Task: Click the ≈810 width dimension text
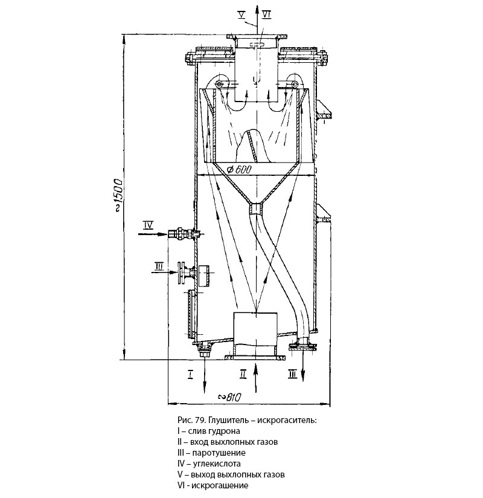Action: point(229,397)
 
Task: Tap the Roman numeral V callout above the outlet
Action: point(242,13)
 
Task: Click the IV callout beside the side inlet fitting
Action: point(148,225)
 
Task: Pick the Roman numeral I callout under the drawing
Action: point(190,375)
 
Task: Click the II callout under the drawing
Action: point(243,375)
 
